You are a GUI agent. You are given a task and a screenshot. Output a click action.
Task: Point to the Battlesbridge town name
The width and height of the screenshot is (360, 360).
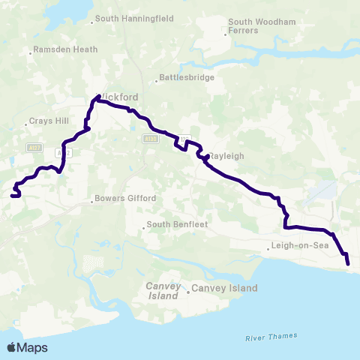(187, 77)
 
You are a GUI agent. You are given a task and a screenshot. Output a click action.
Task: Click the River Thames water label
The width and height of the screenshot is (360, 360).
(271, 337)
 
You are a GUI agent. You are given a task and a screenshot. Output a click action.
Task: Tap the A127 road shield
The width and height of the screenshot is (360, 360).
(32, 148)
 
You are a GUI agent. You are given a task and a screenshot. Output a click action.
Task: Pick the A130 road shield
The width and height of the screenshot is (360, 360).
(149, 139)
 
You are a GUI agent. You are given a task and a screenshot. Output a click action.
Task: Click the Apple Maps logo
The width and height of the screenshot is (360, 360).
(27, 347)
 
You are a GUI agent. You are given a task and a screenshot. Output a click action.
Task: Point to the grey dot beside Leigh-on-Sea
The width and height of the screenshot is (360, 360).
(269, 247)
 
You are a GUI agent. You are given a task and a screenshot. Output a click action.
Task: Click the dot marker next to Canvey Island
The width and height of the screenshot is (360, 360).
(187, 289)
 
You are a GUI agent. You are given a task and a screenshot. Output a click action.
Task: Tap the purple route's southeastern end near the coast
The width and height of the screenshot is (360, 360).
(348, 264)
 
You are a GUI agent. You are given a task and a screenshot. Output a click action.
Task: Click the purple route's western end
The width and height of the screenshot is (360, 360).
(12, 196)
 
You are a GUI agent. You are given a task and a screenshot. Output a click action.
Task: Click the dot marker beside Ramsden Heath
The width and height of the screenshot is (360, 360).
(29, 52)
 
